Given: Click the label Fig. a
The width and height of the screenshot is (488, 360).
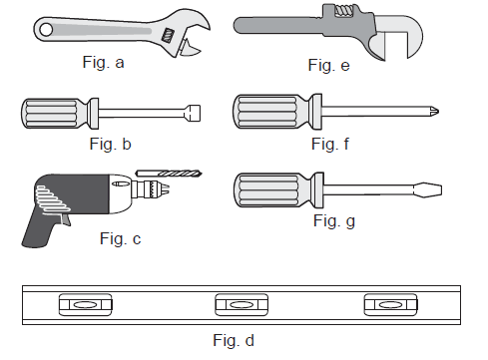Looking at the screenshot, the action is (x=103, y=63).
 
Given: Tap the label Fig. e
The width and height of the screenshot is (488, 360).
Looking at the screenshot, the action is (x=328, y=65).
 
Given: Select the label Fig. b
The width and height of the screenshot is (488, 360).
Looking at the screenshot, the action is (x=110, y=144).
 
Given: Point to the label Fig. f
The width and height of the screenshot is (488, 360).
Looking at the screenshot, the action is (x=330, y=144).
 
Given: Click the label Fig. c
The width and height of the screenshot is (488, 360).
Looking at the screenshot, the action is (x=120, y=238).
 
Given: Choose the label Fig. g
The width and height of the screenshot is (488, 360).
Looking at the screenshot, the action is (x=334, y=221).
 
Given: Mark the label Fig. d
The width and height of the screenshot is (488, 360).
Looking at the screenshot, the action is (x=234, y=340).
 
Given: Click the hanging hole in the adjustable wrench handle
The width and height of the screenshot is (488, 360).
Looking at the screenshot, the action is (x=46, y=30).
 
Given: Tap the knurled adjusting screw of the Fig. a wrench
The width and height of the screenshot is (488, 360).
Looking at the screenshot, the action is (x=168, y=35).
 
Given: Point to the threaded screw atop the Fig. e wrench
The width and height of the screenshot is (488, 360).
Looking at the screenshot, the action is (x=344, y=10).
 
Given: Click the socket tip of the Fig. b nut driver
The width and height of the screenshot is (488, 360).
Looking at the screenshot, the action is (x=193, y=113).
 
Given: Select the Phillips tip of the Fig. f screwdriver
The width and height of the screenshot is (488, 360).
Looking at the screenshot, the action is (x=434, y=111).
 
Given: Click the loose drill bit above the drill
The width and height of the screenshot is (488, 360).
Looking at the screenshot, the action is (x=169, y=174).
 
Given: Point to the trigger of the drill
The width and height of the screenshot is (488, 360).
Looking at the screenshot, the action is (x=66, y=219).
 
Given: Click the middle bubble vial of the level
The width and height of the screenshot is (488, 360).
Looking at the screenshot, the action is (x=242, y=304).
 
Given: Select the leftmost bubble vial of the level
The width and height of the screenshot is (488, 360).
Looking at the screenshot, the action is (x=86, y=304).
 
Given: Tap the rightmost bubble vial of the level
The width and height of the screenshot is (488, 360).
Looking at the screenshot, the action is (x=391, y=304).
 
